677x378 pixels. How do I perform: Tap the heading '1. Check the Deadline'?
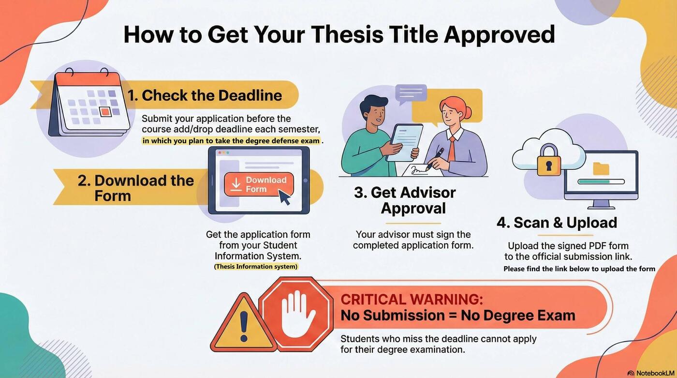pyautogui.click(x=205, y=95)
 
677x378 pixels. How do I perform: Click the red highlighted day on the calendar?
pyautogui.click(x=105, y=112)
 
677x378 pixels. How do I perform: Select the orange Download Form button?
pyautogui.click(x=259, y=184)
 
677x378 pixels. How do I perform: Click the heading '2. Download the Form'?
pyautogui.click(x=135, y=188)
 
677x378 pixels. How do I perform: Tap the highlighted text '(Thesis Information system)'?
pyautogui.click(x=256, y=267)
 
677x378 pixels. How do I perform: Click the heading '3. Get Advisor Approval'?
pyautogui.click(x=405, y=200)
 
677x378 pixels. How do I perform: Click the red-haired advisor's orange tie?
pyautogui.click(x=451, y=149)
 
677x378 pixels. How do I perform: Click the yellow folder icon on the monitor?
pyautogui.click(x=601, y=168)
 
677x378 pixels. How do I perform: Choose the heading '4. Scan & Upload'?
pyautogui.click(x=557, y=223)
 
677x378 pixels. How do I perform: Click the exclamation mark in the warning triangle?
pyautogui.click(x=243, y=325)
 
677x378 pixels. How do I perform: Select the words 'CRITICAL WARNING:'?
pyautogui.click(x=412, y=299)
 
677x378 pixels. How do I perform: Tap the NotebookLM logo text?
pyautogui.click(x=655, y=373)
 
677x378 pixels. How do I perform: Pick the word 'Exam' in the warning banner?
pyautogui.click(x=556, y=316)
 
